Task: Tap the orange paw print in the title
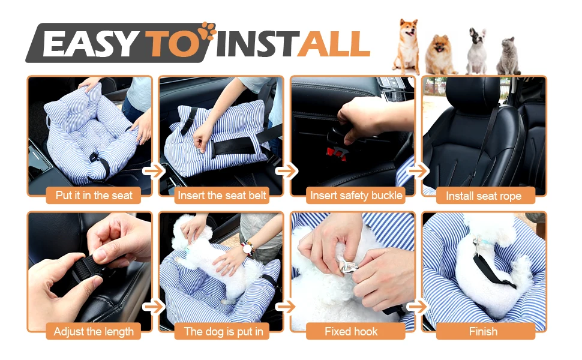(208, 29)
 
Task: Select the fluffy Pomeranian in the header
(440, 55)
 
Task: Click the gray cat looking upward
(509, 56)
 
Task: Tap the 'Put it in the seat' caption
(94, 195)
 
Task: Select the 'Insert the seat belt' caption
(221, 195)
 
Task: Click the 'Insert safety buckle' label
(355, 195)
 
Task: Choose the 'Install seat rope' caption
(483, 196)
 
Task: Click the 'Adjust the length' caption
(94, 331)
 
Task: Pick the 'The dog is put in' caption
(223, 331)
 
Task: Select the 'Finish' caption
(483, 331)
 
